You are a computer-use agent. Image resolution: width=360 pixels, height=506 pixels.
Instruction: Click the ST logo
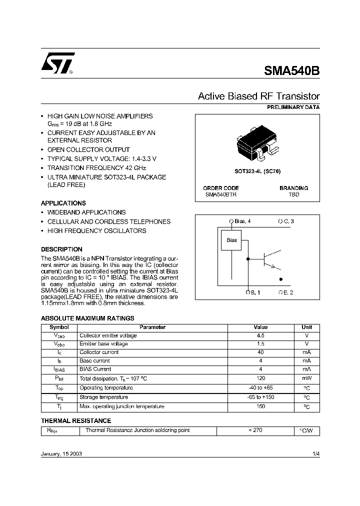point(58,63)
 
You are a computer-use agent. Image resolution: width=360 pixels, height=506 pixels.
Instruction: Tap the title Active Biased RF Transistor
point(258,96)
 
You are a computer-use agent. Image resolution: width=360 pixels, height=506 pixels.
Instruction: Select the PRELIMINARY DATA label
point(293,107)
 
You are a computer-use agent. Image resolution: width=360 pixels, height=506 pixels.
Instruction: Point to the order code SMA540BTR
point(221,194)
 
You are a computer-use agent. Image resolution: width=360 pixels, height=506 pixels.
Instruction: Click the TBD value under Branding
point(293,194)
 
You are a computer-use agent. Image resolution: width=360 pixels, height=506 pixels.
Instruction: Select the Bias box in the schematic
point(231,240)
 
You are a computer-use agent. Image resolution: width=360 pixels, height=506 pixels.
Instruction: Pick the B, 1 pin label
point(252,292)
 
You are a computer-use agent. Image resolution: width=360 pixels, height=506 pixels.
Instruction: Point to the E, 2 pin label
point(286,292)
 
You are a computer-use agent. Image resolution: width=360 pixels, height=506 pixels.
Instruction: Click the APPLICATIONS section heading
point(63,203)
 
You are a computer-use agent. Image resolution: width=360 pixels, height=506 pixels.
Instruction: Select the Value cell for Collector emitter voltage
point(260,335)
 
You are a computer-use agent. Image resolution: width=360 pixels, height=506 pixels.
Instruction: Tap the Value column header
point(260,327)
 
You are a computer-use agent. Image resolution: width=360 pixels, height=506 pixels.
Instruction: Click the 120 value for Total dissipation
point(260,378)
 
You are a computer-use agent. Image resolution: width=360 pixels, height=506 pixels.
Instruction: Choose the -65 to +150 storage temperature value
point(260,397)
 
